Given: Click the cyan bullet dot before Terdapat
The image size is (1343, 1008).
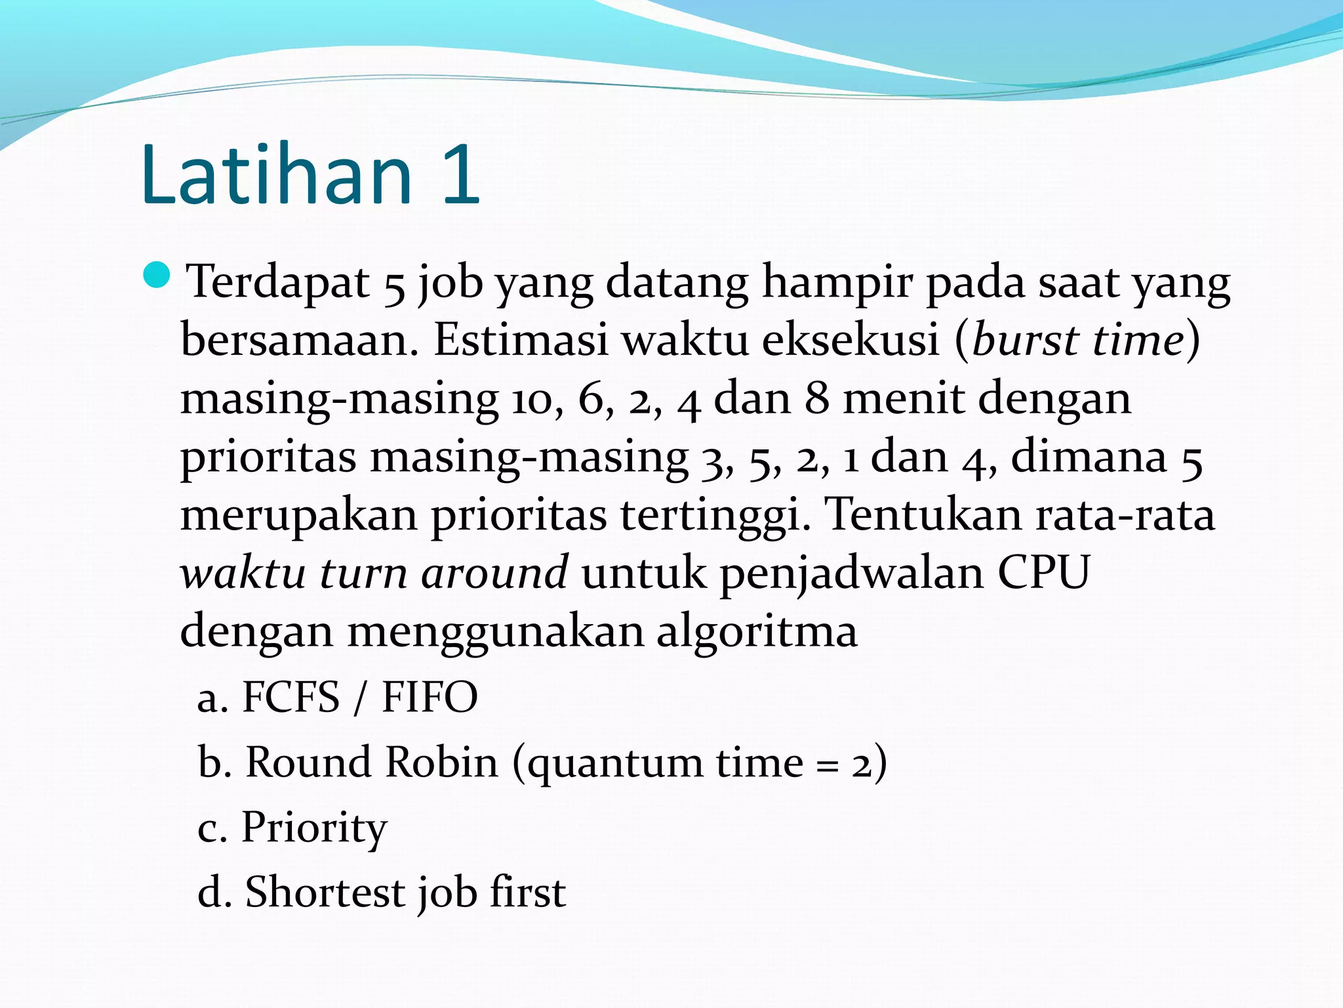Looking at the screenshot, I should coord(157,275).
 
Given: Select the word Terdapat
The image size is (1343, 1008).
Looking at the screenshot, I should coord(279,282).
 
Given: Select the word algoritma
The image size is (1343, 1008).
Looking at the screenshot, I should coord(757,632).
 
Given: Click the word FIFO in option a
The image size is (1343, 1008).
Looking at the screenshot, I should coord(430,697).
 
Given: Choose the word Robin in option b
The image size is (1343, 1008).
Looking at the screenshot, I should coord(441,762).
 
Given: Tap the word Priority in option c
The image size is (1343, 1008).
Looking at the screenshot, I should coord(314,828).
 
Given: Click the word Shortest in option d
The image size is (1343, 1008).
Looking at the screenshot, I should coord(325,892).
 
